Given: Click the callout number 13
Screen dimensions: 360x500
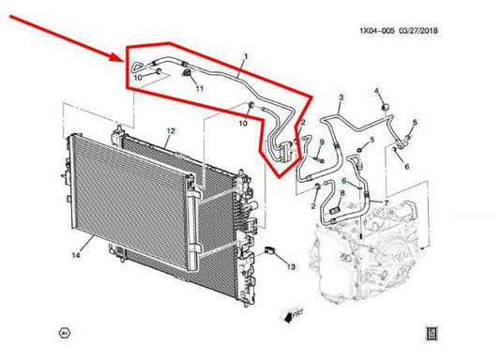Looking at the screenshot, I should (290, 267).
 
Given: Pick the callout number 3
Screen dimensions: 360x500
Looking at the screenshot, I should (341, 97).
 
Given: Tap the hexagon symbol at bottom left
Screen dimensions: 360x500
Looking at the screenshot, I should (64, 332).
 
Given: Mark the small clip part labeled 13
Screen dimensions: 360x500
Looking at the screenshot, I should (271, 251).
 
